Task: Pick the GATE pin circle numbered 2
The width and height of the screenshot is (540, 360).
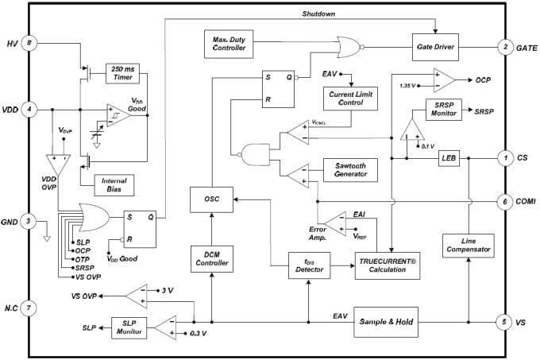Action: [505, 47]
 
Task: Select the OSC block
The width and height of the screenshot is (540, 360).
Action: [210, 200]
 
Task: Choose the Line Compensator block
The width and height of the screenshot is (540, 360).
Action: [469, 245]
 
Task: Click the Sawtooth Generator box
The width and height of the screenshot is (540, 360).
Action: [352, 169]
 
